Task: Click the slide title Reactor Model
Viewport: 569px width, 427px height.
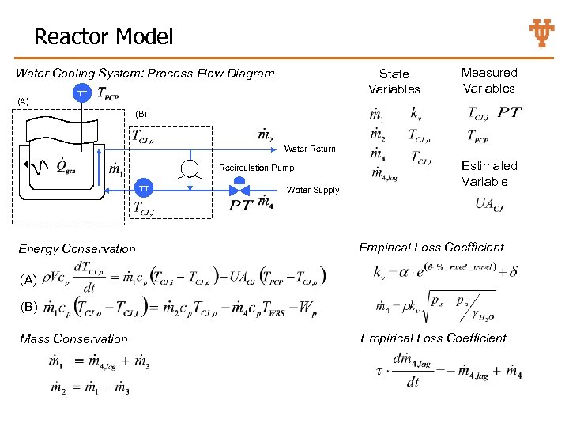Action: coord(103,36)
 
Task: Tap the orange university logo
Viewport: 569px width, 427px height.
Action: coord(541,33)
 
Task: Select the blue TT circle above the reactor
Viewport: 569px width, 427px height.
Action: coord(81,94)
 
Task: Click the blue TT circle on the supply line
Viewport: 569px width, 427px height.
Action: coord(144,189)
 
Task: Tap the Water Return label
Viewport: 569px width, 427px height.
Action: coord(309,149)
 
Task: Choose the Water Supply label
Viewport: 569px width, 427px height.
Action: coord(312,190)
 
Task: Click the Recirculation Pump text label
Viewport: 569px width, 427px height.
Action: coord(256,168)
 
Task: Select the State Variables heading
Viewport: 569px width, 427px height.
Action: coord(394,81)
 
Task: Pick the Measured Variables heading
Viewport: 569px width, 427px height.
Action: coord(488,81)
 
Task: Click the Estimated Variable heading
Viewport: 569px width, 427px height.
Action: coord(489,173)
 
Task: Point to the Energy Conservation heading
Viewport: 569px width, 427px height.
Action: coord(77,249)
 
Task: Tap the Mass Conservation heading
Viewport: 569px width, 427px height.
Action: coord(73,339)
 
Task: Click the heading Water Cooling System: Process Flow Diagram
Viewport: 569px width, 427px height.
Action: coord(145,74)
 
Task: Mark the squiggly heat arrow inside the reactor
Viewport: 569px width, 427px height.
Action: coord(40,166)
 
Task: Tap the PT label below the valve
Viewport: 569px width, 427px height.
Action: coord(241,206)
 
